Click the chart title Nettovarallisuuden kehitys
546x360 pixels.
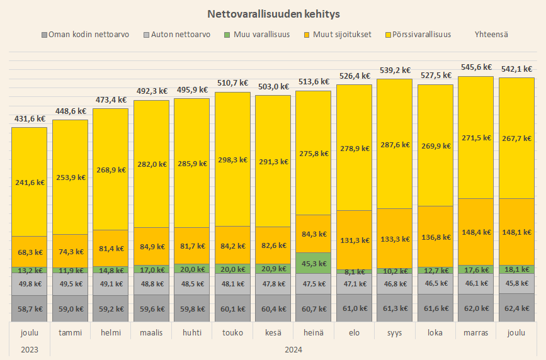coord(273,13)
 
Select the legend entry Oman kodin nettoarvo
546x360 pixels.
coord(85,35)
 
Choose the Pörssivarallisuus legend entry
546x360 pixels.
coord(417,35)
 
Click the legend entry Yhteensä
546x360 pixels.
coord(492,35)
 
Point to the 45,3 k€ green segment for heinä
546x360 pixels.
coord(314,263)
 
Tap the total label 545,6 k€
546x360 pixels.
coord(475,67)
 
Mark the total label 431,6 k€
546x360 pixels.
coord(30,118)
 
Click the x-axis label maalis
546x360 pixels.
coord(151,332)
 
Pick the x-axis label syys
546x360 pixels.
coord(395,332)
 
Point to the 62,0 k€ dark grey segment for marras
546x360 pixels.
coord(475,308)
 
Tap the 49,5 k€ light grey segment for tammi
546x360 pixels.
coord(70,284)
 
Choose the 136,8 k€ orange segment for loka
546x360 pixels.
coord(435,237)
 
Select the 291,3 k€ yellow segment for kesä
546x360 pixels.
coord(273,161)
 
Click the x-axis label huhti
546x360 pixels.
coord(192,332)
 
